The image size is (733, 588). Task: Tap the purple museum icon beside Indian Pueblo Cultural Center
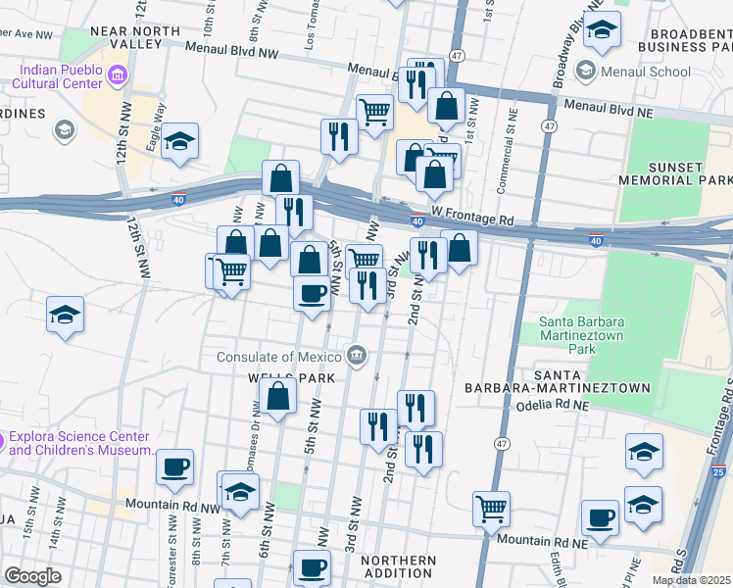pyautogui.click(x=117, y=74)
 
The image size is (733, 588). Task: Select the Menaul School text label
pyautogui.click(x=647, y=72)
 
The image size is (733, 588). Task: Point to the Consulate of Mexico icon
pyautogui.click(x=357, y=355)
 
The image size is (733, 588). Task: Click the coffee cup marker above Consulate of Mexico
pyautogui.click(x=313, y=293)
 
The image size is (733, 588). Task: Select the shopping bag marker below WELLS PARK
pyautogui.click(x=278, y=397)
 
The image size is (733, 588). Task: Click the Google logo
pyautogui.click(x=32, y=575)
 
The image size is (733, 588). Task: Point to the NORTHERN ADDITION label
pyautogui.click(x=397, y=567)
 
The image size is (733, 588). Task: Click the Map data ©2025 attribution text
pyautogui.click(x=691, y=580)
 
